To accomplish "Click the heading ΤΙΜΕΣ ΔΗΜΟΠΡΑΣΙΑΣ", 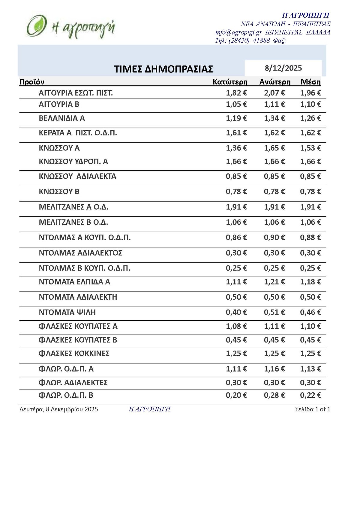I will (163, 69).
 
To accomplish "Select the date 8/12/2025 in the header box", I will (283, 68).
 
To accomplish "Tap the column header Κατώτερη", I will (230, 82).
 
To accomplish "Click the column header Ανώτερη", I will (275, 82).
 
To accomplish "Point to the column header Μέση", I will (310, 82).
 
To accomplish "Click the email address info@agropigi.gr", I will (238, 32).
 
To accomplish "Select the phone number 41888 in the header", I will (261, 40).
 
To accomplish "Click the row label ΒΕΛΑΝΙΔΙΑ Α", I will (62, 118).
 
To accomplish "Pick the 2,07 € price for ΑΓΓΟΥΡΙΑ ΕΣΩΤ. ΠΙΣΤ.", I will (274, 93).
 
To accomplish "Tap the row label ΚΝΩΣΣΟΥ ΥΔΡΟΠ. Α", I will (73, 162).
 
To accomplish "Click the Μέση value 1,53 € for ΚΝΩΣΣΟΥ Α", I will (310, 148).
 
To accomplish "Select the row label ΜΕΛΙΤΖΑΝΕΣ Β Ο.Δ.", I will (73, 222).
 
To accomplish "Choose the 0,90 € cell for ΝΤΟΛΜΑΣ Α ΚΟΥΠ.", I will (274, 238).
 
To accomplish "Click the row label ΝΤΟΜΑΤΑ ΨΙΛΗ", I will (67, 312).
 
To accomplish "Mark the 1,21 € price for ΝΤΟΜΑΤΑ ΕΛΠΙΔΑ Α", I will (274, 282).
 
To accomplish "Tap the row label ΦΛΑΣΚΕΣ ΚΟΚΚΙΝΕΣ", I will (74, 353).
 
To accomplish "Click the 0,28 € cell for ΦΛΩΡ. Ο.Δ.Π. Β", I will (274, 395).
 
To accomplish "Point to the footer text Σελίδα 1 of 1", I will (313, 409).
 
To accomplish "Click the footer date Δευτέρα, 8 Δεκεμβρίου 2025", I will (59, 409).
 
